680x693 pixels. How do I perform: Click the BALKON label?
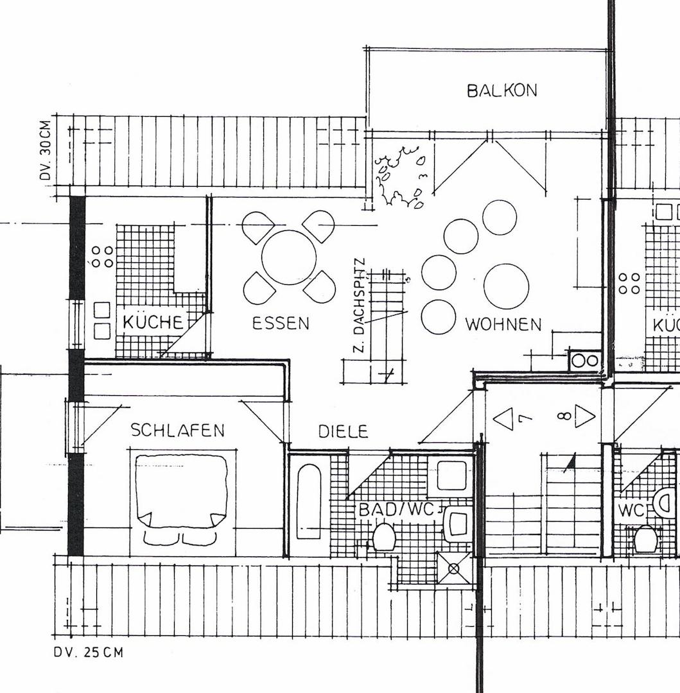point(501,90)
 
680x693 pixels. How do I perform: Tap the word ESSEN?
point(281,323)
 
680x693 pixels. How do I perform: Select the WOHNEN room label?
point(503,325)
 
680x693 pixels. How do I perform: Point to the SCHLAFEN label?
point(178,430)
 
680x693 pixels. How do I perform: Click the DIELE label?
point(344,431)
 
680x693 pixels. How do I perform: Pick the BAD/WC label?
point(400,510)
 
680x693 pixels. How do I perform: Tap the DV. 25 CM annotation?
point(88,653)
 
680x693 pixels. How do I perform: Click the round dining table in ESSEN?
point(289,257)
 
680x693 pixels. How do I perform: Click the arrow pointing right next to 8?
point(585,416)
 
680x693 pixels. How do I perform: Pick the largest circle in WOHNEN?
point(506,286)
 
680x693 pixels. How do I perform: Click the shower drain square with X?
point(454,568)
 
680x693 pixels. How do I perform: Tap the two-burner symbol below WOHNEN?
point(584,361)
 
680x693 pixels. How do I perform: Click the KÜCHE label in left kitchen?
point(153,321)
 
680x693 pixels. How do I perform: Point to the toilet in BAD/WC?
point(385,536)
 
